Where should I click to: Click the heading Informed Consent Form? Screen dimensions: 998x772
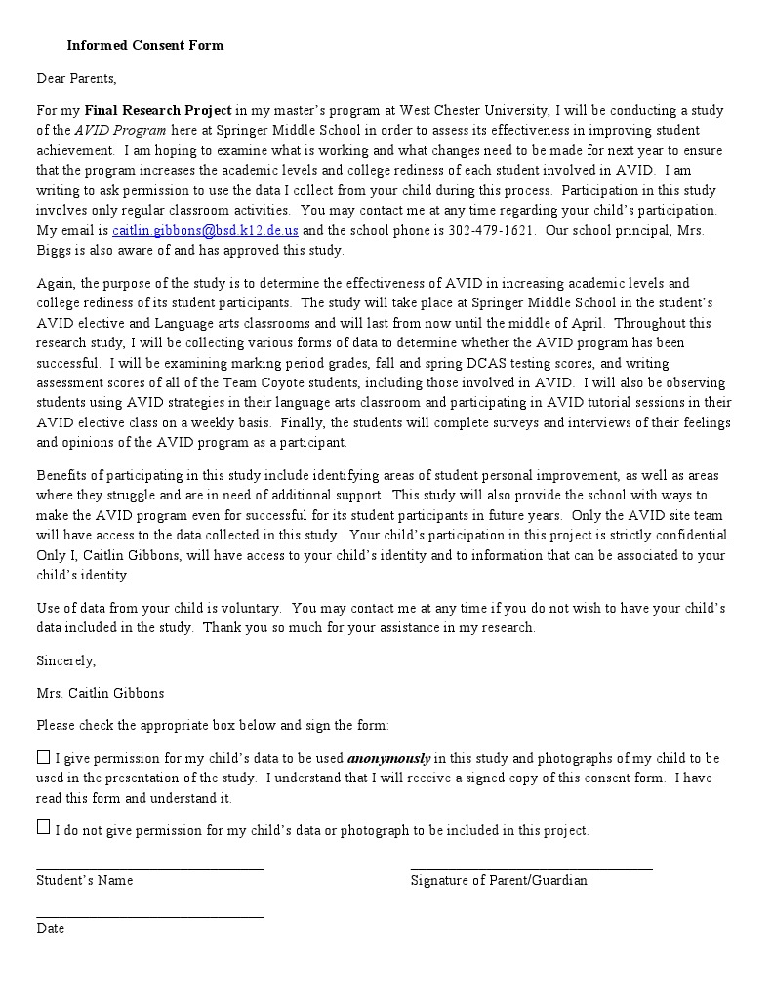(x=144, y=45)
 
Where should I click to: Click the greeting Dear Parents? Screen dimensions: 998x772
(x=76, y=78)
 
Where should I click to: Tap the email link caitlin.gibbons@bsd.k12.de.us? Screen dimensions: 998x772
(x=205, y=230)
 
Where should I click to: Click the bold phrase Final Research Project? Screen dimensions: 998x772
(x=158, y=110)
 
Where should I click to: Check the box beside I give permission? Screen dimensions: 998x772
(x=43, y=757)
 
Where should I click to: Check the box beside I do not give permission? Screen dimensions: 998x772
(x=43, y=827)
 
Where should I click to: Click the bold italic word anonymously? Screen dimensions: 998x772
(x=388, y=758)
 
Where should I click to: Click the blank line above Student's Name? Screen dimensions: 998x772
(x=149, y=866)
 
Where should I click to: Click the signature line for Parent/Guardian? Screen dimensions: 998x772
(x=531, y=866)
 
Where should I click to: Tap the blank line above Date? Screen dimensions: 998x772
(x=149, y=915)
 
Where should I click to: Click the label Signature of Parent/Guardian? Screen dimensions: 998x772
(x=499, y=880)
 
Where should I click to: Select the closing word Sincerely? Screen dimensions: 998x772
(x=65, y=660)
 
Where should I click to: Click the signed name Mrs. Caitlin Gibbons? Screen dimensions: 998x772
(x=101, y=693)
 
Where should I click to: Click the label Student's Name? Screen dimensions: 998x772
(x=84, y=880)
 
